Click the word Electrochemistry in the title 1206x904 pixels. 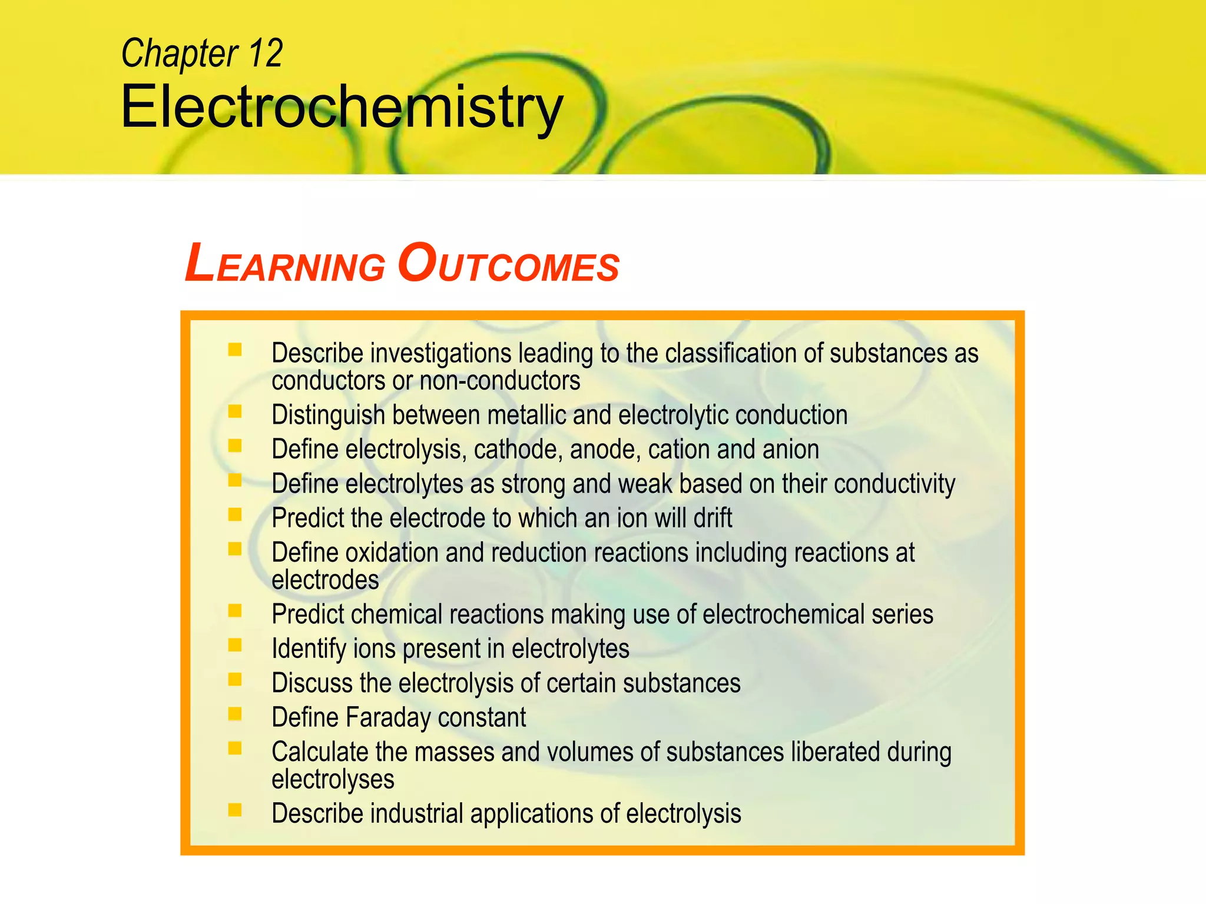pyautogui.click(x=342, y=107)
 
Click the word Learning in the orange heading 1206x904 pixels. pyautogui.click(x=285, y=264)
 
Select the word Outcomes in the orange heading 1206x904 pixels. pyautogui.click(x=508, y=264)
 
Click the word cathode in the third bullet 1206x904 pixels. pyautogui.click(x=518, y=450)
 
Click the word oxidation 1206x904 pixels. pyautogui.click(x=392, y=553)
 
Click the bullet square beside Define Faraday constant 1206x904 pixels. pyautogui.click(x=235, y=714)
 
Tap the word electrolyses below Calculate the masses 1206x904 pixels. pyautogui.click(x=333, y=779)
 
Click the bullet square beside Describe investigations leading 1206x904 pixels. pyautogui.click(x=235, y=350)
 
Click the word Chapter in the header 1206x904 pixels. pyautogui.click(x=180, y=53)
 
